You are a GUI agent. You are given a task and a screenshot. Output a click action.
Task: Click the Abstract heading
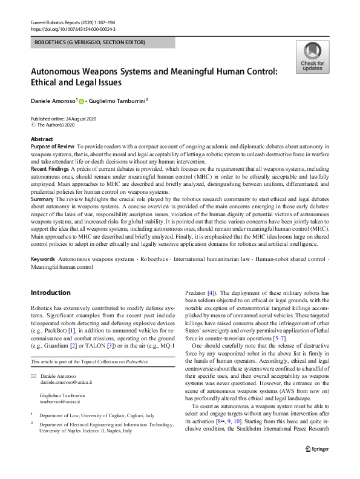coord(42,139)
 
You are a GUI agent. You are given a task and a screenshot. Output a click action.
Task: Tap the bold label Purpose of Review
coord(52,147)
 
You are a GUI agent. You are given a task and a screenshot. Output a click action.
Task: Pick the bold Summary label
coord(42,199)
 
